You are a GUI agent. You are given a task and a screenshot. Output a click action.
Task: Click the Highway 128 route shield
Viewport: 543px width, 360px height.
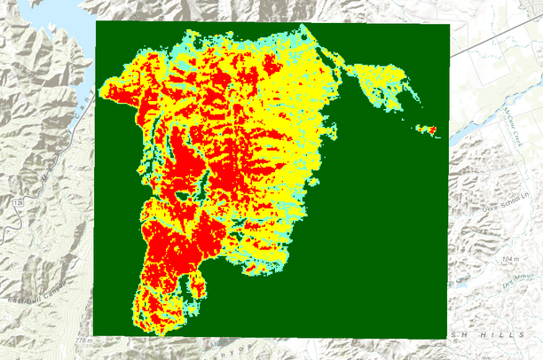[17, 203]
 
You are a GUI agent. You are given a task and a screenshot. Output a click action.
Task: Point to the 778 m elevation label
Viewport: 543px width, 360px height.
[83, 340]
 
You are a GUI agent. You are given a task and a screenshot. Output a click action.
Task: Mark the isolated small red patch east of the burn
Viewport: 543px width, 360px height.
[429, 130]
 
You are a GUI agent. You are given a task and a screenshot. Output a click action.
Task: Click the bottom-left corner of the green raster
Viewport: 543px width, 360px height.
[93, 335]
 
